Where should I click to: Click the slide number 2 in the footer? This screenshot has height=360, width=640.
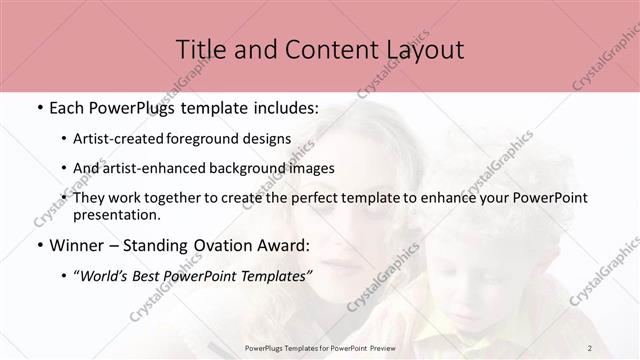[590, 347]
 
